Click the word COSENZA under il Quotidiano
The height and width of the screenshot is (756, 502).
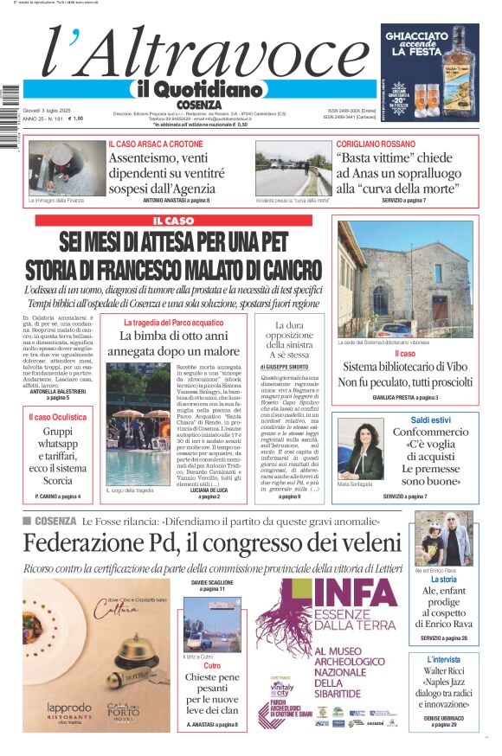(198, 105)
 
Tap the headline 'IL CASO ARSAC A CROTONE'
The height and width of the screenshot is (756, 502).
(156, 144)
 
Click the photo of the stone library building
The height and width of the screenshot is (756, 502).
(405, 279)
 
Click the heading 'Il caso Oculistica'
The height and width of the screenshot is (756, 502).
(57, 417)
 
